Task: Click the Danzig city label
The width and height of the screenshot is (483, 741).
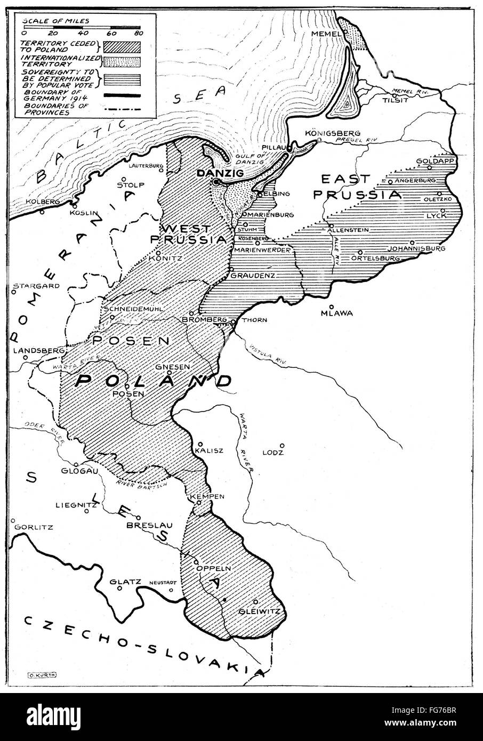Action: (x=212, y=173)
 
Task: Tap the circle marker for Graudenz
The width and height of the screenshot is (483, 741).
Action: (x=232, y=269)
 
